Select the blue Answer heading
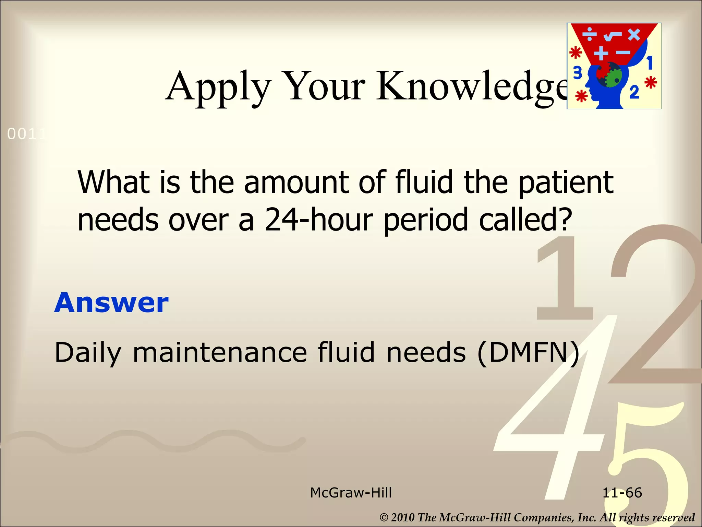(x=111, y=303)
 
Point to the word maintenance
(x=220, y=353)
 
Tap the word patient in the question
(x=566, y=183)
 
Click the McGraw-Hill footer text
(x=351, y=493)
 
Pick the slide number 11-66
(x=622, y=493)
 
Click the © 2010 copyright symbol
(x=384, y=517)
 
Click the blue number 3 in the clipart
(x=578, y=73)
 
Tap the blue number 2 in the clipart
(x=634, y=92)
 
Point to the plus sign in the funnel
(x=601, y=53)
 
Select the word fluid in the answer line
(x=346, y=353)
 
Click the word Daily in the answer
(x=88, y=353)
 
